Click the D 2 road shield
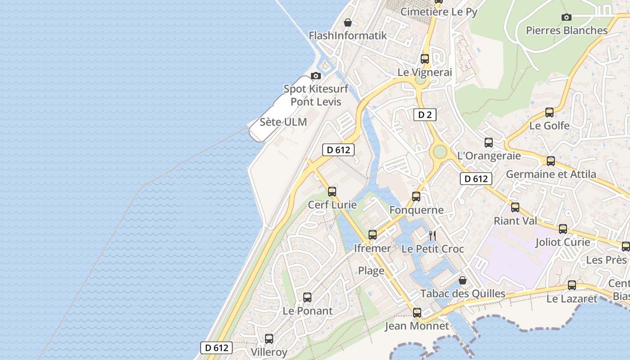click(x=425, y=115)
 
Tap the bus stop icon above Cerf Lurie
click(x=332, y=192)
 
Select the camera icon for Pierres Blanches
click(x=567, y=18)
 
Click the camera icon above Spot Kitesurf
click(x=316, y=76)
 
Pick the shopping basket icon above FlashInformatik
click(x=347, y=22)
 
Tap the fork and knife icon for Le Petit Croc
click(x=432, y=235)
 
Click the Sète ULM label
click(x=283, y=122)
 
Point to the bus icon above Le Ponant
click(x=307, y=297)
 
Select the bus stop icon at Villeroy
click(x=269, y=339)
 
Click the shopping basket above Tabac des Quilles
click(x=462, y=280)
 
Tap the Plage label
click(x=371, y=270)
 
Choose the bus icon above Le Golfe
click(x=549, y=112)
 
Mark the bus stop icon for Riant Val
click(x=515, y=207)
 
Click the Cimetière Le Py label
click(x=439, y=12)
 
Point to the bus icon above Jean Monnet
click(x=417, y=313)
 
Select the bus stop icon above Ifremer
click(x=373, y=235)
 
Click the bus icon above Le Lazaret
click(x=572, y=285)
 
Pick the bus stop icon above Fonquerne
click(x=416, y=197)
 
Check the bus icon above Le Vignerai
click(x=425, y=59)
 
